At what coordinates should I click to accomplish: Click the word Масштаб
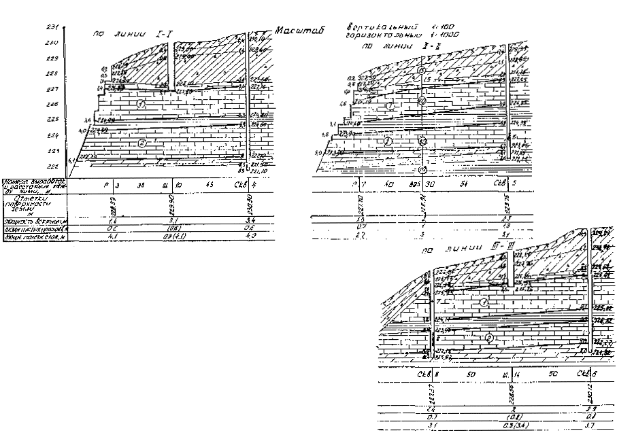point(299,31)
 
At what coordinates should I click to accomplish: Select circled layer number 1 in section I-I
point(141,104)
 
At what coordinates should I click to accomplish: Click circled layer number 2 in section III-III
point(488,337)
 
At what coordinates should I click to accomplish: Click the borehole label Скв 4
point(246,184)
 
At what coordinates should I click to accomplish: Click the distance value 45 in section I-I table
point(207,184)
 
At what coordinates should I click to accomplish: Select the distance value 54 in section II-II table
point(465,184)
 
